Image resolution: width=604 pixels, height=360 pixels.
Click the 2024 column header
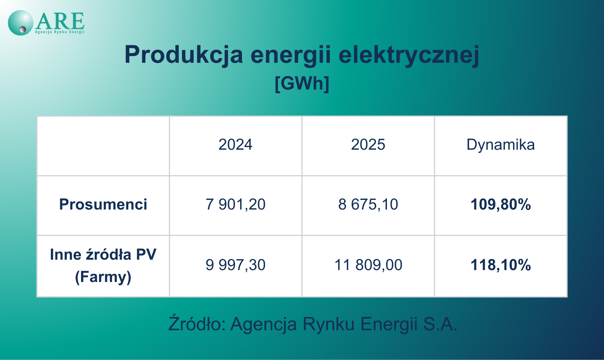[x=235, y=145]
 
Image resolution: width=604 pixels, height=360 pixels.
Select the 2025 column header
[x=368, y=145]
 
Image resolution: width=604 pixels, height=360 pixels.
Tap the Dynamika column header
[x=501, y=145]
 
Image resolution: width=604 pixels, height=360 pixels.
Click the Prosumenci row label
[x=103, y=204]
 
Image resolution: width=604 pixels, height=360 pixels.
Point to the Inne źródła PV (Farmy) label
[x=103, y=266]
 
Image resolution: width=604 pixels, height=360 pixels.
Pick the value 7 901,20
[x=235, y=205]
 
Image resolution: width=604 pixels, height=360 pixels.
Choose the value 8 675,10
[x=368, y=205]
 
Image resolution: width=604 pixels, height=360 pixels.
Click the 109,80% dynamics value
[x=501, y=205]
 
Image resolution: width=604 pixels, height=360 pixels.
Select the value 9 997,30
[x=235, y=265]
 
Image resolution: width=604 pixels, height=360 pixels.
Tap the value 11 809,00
[x=368, y=265]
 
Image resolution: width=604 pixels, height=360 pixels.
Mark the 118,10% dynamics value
[x=501, y=265]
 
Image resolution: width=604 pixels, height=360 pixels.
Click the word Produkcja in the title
[x=184, y=55]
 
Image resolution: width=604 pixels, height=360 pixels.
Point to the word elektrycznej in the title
[x=409, y=55]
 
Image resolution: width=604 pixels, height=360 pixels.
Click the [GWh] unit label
[x=302, y=84]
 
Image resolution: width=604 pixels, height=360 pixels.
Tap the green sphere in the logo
[x=20, y=23]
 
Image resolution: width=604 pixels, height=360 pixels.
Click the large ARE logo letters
[x=60, y=21]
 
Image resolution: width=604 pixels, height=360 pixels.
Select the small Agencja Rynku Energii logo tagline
[x=60, y=32]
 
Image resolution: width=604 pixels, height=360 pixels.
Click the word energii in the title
[x=291, y=55]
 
